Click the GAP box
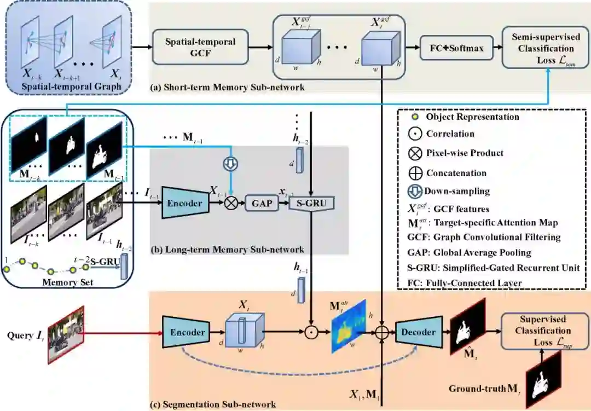[260, 203]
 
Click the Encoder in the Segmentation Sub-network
[188, 332]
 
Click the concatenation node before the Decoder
[381, 332]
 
